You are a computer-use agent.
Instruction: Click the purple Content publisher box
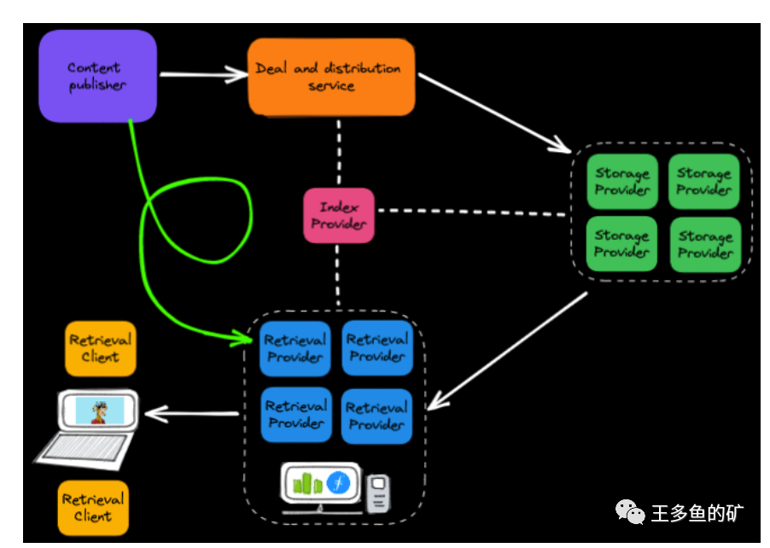[x=97, y=76]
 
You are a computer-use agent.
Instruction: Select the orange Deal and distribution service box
[x=331, y=77]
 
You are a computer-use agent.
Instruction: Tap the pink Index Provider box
[x=339, y=215]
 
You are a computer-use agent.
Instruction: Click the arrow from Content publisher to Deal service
[x=203, y=75]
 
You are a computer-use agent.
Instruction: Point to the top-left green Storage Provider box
[x=622, y=182]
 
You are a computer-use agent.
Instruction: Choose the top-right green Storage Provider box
[x=704, y=182]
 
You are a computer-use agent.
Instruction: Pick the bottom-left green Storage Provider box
[x=622, y=244]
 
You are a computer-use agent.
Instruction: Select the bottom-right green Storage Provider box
[x=705, y=245]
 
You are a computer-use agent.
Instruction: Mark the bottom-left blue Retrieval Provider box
[x=295, y=415]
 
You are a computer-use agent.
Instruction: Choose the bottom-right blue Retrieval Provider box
[x=377, y=416]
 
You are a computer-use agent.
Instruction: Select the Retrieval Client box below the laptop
[x=92, y=508]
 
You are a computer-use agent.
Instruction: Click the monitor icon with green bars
[x=318, y=485]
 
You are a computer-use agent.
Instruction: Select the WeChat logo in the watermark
[x=631, y=512]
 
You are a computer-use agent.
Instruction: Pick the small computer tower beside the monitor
[x=378, y=493]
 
